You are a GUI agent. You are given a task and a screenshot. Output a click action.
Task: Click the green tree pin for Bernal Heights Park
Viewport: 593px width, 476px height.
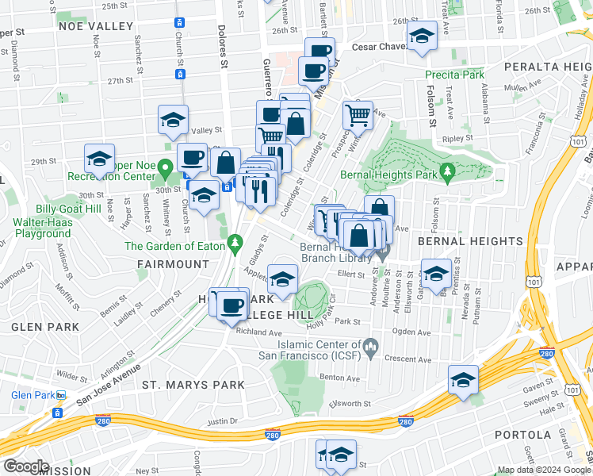(x=446, y=171)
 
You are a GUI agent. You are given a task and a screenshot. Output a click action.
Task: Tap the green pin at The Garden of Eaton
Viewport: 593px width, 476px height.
(x=234, y=241)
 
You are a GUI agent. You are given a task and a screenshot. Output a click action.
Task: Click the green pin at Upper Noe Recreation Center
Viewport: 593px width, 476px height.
(x=164, y=168)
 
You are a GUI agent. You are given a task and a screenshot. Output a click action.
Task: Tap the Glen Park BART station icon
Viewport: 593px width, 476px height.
(x=57, y=413)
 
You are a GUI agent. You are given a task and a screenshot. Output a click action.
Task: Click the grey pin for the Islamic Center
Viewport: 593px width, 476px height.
(x=369, y=346)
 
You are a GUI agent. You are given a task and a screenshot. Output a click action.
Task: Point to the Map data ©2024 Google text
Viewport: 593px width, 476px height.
(x=543, y=470)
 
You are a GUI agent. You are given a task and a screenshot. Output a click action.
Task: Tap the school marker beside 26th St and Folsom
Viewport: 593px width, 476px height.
(x=422, y=37)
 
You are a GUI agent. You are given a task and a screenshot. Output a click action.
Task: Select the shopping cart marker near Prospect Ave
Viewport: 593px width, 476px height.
(x=358, y=116)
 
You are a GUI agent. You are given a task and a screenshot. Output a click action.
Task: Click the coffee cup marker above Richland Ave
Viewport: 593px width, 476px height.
(x=231, y=305)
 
